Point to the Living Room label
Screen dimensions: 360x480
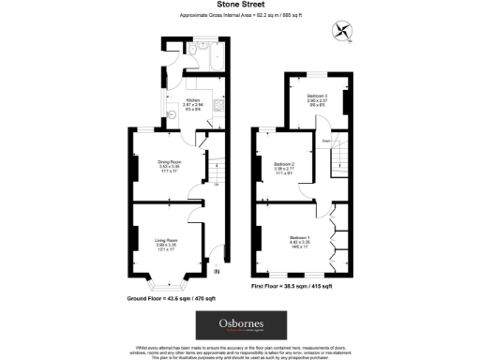point(167,245)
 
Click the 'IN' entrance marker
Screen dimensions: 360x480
point(217,272)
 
